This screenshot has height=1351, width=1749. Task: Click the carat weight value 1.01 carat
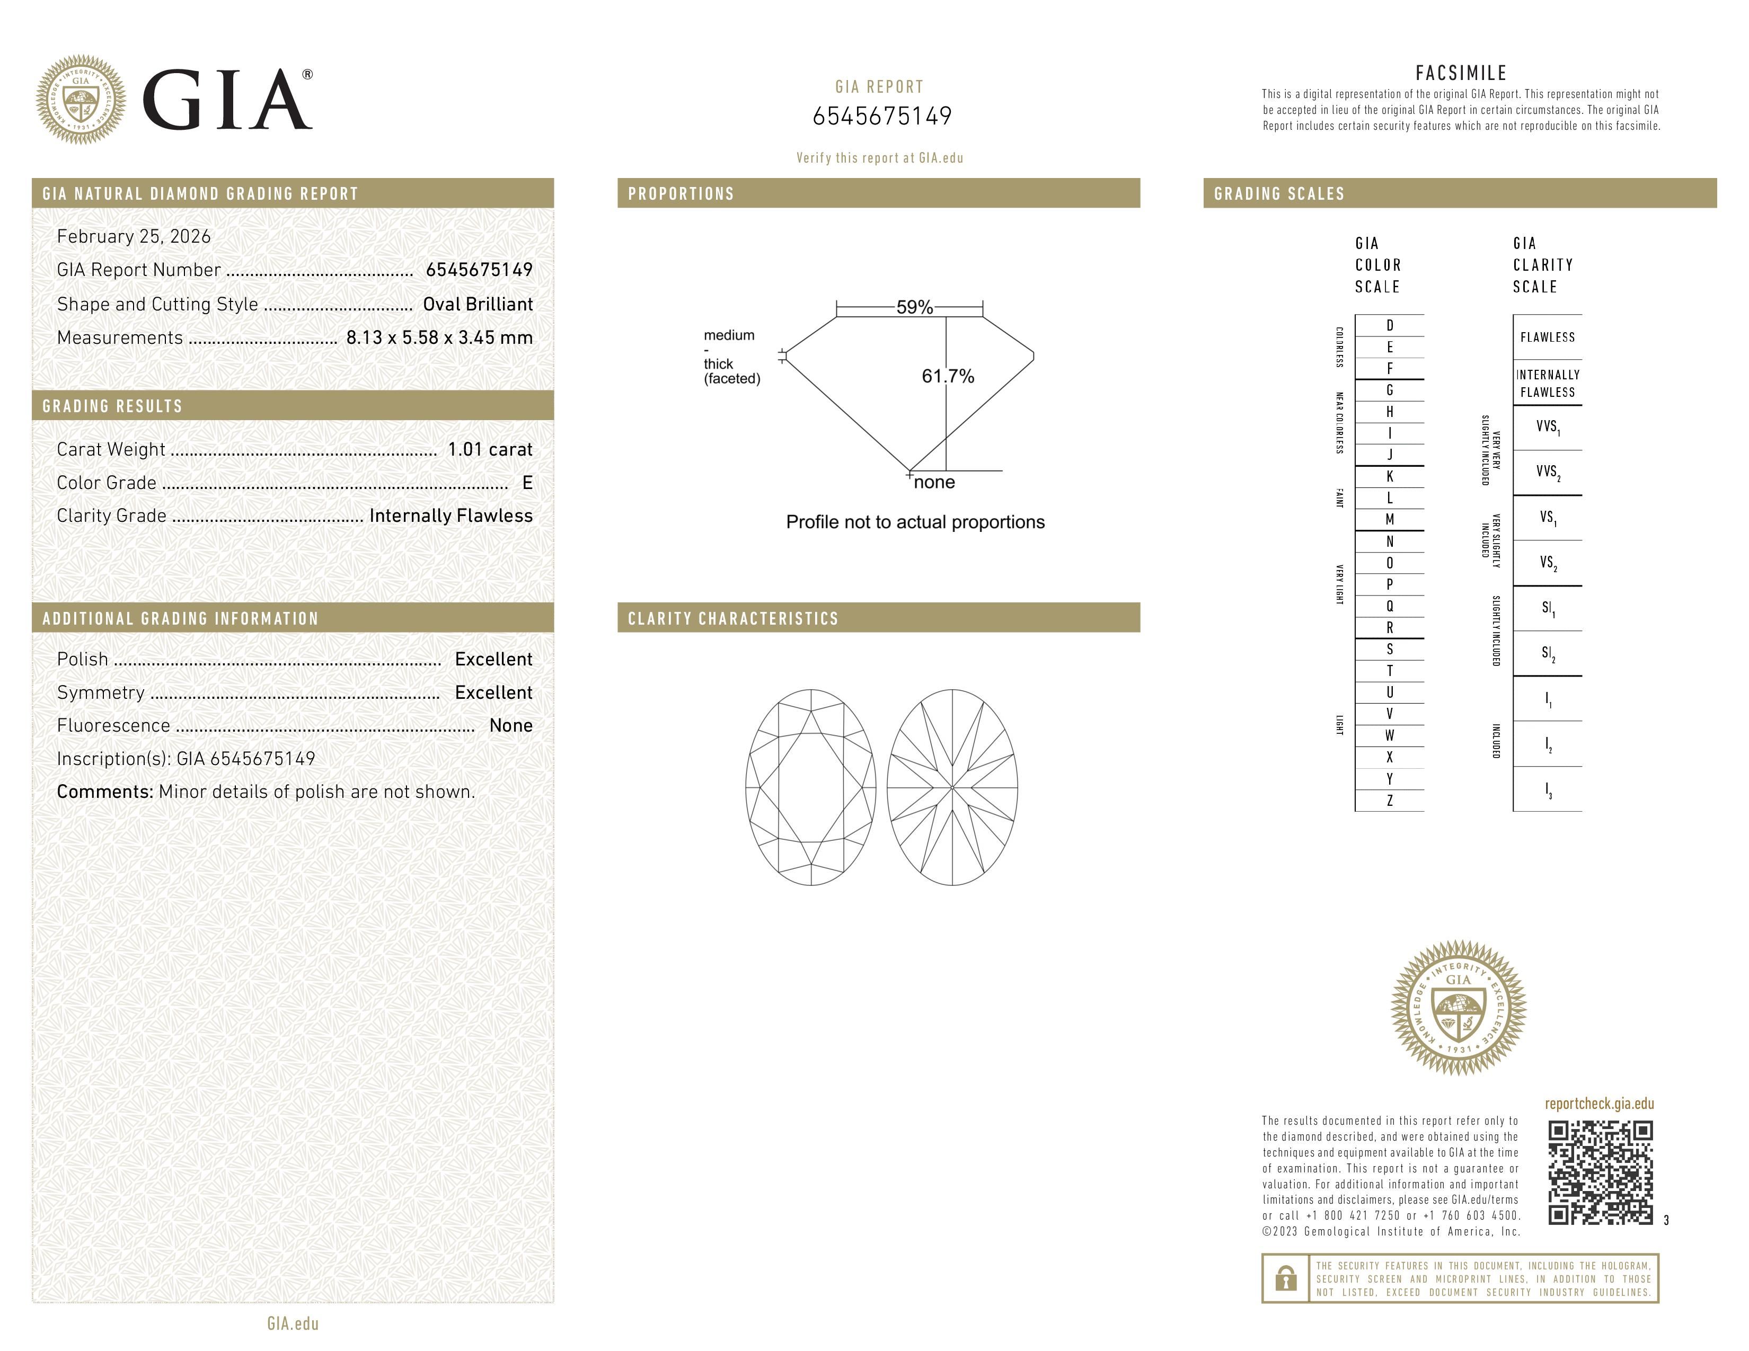489,450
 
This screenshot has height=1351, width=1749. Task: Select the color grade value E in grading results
527,483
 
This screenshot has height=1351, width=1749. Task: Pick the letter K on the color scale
1390,476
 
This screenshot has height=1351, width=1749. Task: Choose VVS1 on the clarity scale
1547,428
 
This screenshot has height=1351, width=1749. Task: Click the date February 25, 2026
134,237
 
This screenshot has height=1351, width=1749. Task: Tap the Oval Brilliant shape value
478,304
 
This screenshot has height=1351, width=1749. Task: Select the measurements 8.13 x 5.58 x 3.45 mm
439,338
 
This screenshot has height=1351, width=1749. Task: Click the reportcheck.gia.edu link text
1598,1104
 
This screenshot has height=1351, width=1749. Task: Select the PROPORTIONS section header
681,194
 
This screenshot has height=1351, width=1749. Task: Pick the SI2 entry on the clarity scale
1547,654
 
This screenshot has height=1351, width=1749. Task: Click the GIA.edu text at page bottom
293,1324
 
